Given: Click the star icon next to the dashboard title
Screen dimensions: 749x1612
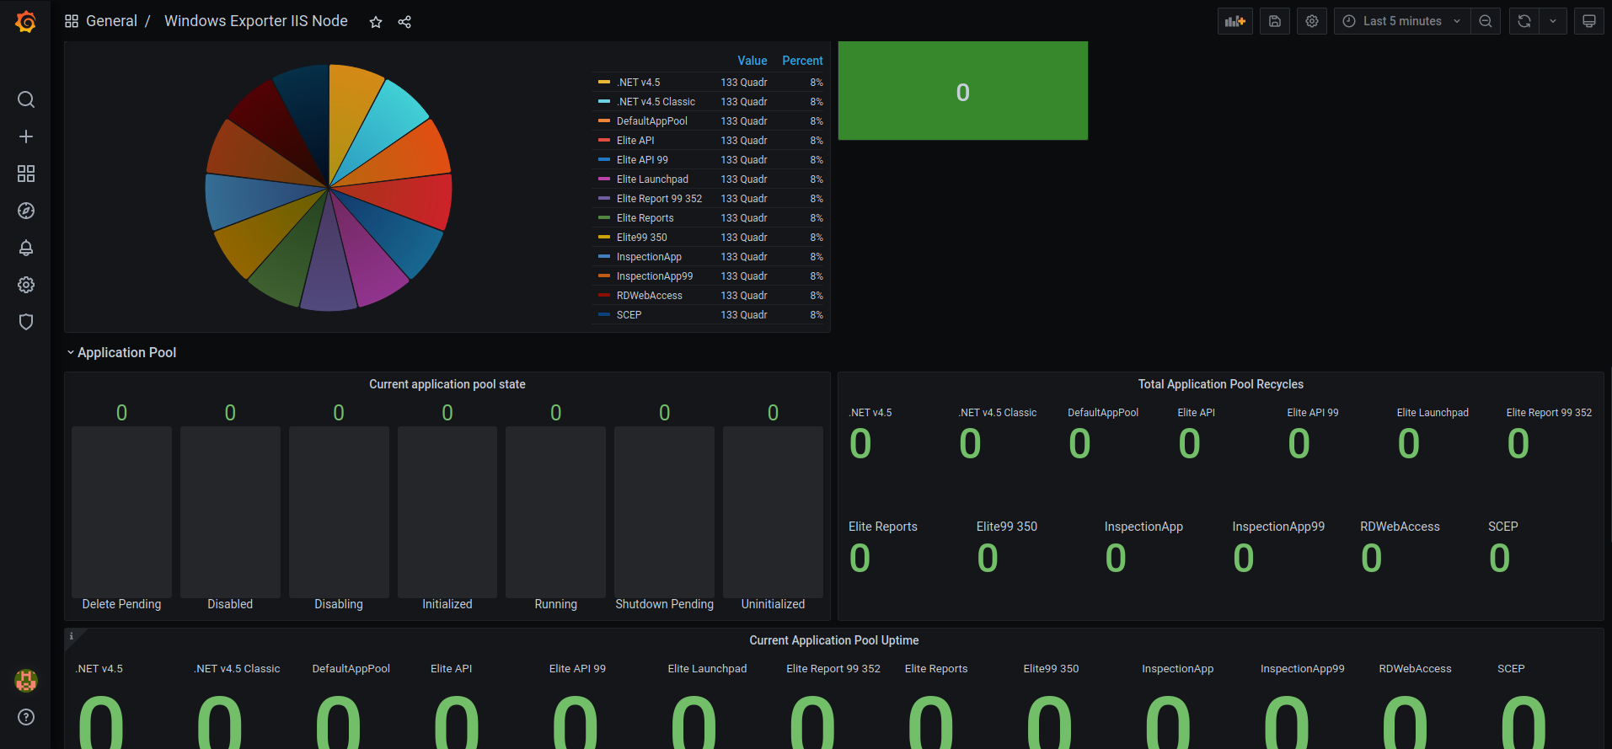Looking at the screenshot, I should pos(376,22).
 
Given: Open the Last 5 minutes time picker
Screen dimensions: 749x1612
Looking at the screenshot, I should pos(1402,21).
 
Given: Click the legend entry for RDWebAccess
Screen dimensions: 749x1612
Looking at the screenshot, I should pos(649,296).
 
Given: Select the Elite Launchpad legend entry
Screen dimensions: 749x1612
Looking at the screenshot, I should pos(651,179).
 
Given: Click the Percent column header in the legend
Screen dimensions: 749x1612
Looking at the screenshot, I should pos(802,61).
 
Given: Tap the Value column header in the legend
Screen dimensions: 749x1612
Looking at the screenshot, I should pos(752,61).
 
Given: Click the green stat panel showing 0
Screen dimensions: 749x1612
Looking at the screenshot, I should pos(962,91).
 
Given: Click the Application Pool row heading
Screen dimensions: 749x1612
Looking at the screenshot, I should pos(126,352).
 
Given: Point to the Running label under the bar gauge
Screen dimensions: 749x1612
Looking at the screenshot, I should pos(555,604).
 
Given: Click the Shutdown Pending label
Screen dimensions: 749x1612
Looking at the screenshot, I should pos(664,604).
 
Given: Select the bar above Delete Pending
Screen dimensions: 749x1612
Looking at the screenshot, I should pos(121,511).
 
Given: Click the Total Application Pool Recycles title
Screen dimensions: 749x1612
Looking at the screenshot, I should pos(1220,384).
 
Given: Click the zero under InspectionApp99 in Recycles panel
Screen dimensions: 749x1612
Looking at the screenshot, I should pos(1243,558).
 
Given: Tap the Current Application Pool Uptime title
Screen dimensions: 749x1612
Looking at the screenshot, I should pos(833,640).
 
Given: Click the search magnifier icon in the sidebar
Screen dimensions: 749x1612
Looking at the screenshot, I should pos(26,99).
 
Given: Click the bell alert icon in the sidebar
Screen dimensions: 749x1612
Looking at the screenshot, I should pos(26,248).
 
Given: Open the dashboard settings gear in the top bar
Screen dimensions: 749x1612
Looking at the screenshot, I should pos(1312,21).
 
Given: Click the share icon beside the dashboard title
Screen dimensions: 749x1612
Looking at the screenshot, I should pos(404,22).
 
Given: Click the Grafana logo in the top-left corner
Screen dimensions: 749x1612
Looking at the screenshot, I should pos(26,22).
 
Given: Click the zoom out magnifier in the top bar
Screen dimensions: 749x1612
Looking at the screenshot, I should pos(1486,21).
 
